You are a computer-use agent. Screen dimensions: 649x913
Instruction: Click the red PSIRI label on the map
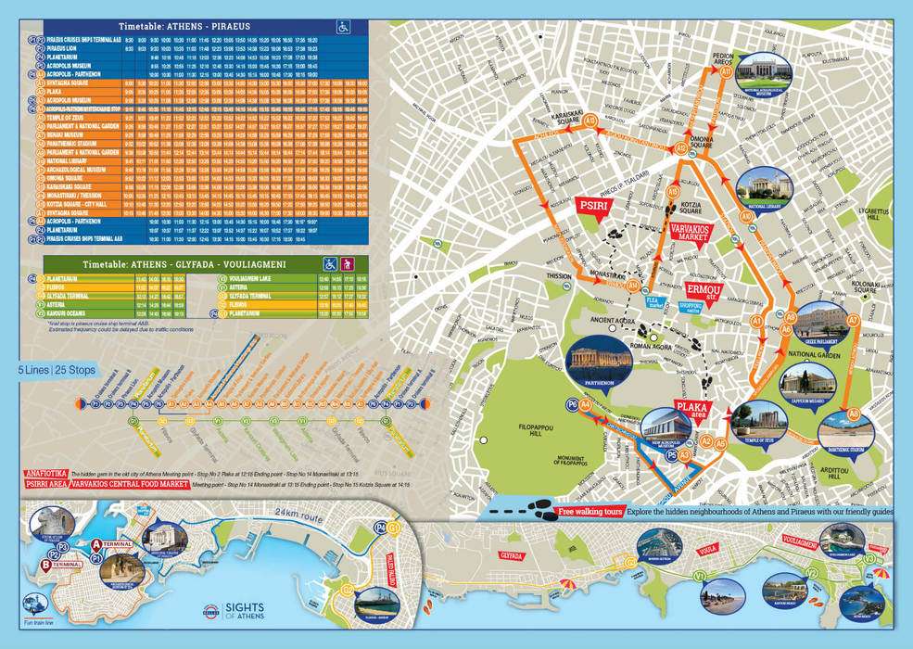[x=592, y=206]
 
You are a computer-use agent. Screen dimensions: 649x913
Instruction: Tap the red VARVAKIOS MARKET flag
[x=690, y=232]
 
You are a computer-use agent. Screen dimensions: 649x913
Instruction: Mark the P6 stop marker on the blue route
[x=572, y=404]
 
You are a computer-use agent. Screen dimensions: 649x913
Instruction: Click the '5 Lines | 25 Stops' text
[x=57, y=370]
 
